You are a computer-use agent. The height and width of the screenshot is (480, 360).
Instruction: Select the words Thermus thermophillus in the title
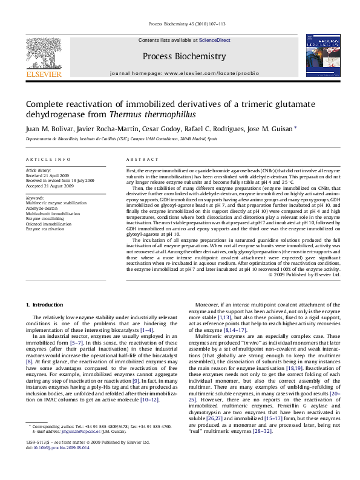[x=171, y=114]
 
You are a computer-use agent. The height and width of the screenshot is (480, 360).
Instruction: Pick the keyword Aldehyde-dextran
[x=41, y=207]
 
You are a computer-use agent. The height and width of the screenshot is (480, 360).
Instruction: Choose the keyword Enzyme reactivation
[x=46, y=229]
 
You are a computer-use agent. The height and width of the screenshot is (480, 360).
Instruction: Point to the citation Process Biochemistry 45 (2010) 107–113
[x=180, y=25]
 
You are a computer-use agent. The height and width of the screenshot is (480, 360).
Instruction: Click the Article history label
[x=39, y=170]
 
